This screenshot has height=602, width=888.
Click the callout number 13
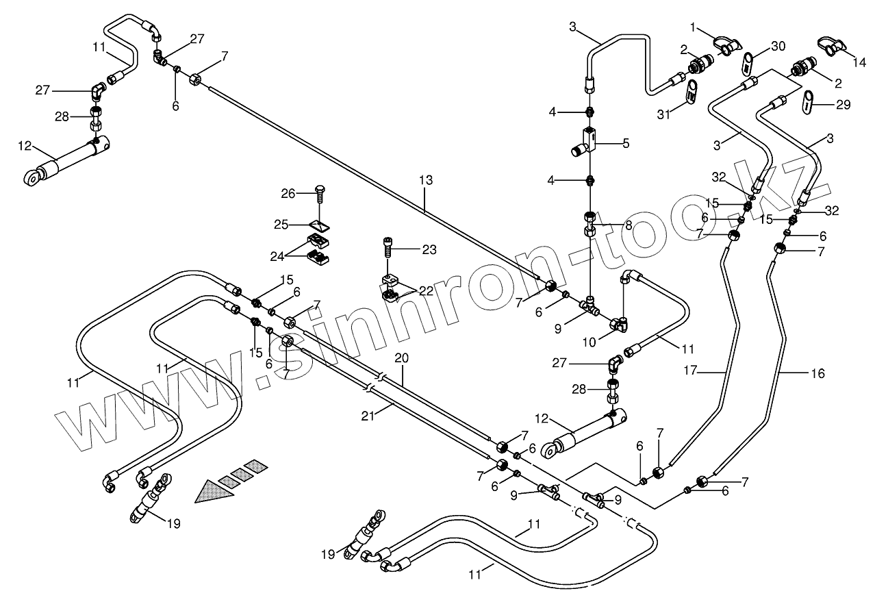pyautogui.click(x=426, y=180)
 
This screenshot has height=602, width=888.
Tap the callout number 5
pyautogui.click(x=626, y=143)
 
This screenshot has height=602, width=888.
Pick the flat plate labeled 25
pyautogui.click(x=319, y=226)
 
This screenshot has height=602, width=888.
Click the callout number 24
pyautogui.click(x=277, y=257)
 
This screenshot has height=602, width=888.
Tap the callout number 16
pyautogui.click(x=818, y=373)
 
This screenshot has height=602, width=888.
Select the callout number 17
pyautogui.click(x=690, y=371)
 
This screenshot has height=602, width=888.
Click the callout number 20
pyautogui.click(x=401, y=358)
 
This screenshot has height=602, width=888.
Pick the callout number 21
pyautogui.click(x=368, y=416)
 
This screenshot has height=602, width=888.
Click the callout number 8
pyautogui.click(x=629, y=225)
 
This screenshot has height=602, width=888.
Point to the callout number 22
pyautogui.click(x=427, y=290)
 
